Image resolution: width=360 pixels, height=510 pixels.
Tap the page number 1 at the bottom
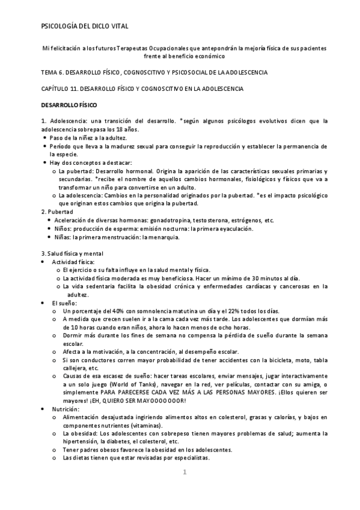(186, 473)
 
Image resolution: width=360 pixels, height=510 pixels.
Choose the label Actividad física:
(73, 262)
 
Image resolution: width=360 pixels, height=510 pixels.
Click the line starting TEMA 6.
(154, 72)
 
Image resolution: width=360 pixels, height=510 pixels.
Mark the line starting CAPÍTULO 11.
(142, 88)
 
